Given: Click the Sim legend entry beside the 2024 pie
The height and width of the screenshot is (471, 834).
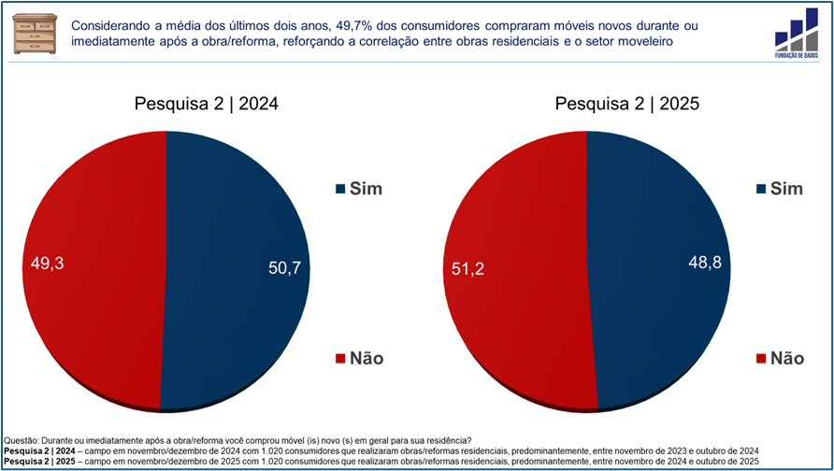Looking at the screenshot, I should pos(358,190).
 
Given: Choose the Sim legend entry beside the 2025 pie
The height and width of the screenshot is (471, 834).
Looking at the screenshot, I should pos(779,190).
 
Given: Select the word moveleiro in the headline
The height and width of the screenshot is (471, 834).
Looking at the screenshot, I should pos(640,43).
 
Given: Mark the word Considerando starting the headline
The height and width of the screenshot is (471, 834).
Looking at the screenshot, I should pos(114,26).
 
